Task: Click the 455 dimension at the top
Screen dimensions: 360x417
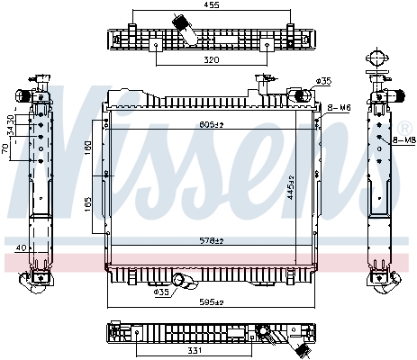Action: pyautogui.click(x=212, y=5)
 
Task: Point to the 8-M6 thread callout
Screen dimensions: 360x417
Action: pyautogui.click(x=340, y=108)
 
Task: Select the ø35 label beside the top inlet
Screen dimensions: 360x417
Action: pyautogui.click(x=324, y=81)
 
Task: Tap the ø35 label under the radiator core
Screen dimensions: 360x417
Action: pyautogui.click(x=161, y=292)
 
